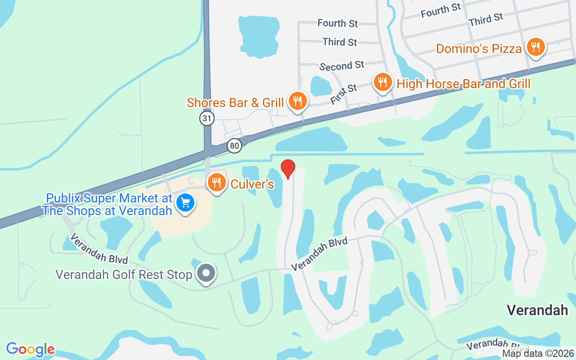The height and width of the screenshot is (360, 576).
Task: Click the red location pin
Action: pyautogui.click(x=288, y=169)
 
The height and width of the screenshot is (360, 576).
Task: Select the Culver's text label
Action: pyautogui.click(x=252, y=184)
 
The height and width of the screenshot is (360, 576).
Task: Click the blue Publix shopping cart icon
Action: pyautogui.click(x=185, y=202)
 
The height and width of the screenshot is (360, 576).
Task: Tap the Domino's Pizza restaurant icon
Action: pyautogui.click(x=535, y=46)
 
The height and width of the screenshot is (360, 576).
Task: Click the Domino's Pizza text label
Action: pyautogui.click(x=479, y=49)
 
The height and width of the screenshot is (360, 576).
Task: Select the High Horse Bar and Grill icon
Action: pyautogui.click(x=382, y=82)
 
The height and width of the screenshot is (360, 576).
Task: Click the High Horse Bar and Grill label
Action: pyautogui.click(x=463, y=84)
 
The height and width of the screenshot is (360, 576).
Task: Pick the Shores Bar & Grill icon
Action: pyautogui.click(x=297, y=100)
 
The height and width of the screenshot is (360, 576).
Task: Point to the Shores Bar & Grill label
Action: pyautogui.click(x=235, y=103)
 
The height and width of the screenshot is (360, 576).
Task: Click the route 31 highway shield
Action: pyautogui.click(x=207, y=118)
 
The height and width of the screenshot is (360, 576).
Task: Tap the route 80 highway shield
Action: pyautogui.click(x=234, y=145)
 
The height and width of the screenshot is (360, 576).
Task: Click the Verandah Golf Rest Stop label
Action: pyautogui.click(x=124, y=274)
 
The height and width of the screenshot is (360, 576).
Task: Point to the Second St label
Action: pyautogui.click(x=342, y=66)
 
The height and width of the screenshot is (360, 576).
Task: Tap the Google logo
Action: pyautogui.click(x=30, y=349)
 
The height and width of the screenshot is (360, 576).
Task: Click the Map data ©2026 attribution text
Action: pyautogui.click(x=538, y=354)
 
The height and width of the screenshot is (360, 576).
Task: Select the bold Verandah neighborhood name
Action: pyautogui.click(x=537, y=310)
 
